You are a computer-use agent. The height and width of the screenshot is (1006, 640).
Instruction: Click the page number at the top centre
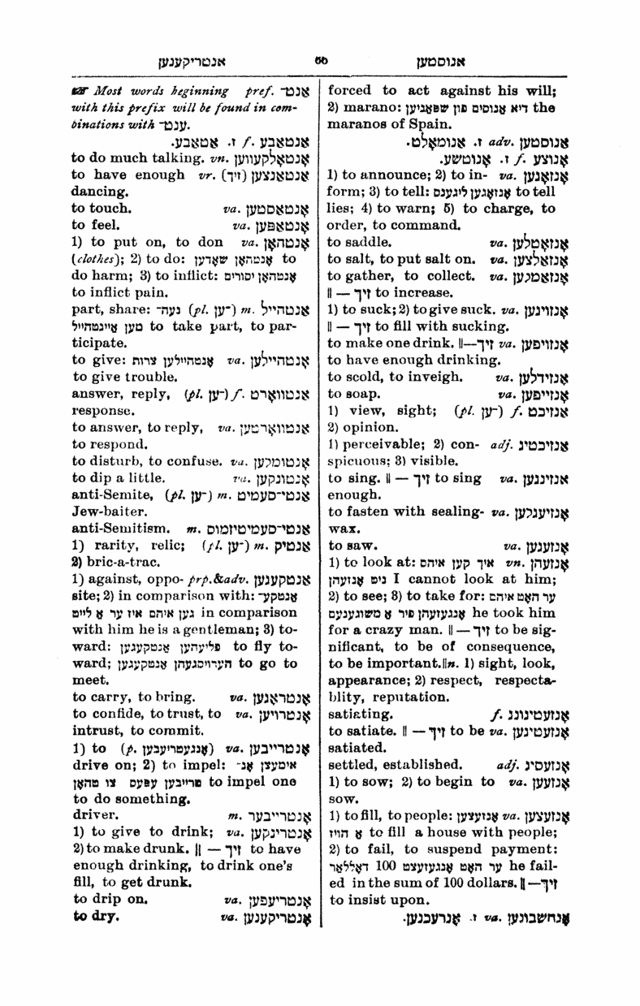click(x=319, y=58)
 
